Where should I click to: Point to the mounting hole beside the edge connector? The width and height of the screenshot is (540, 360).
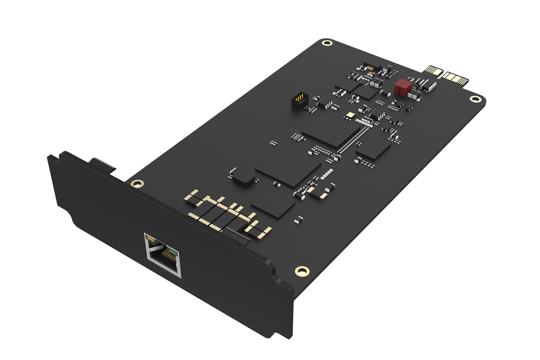point(473,99)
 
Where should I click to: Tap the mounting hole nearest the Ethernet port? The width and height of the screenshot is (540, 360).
point(300,270)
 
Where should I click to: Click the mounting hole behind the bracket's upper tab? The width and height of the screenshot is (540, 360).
point(135,184)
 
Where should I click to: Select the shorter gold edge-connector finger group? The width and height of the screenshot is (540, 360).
point(433,71)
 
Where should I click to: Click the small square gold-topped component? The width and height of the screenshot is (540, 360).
point(349,115)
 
